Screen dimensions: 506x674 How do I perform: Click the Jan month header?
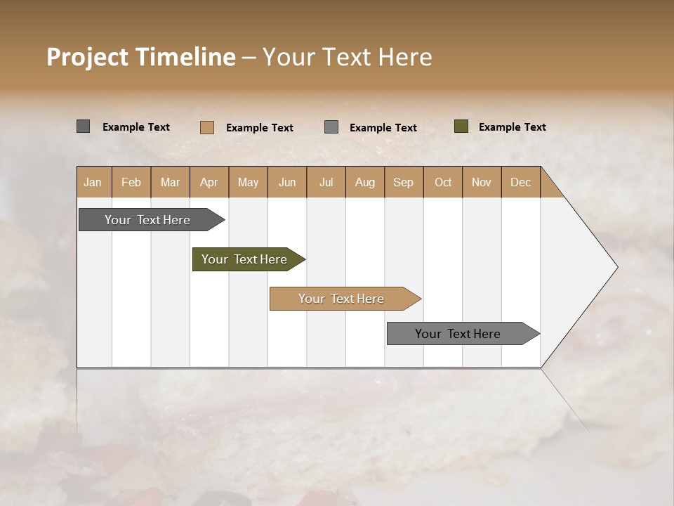[x=93, y=183]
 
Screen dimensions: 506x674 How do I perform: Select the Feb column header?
[x=131, y=183]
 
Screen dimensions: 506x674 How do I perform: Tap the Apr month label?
[x=209, y=183]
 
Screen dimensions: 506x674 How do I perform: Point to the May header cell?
[x=248, y=183]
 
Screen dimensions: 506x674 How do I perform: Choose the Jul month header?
[x=326, y=183]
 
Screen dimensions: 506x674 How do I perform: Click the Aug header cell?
[x=364, y=183]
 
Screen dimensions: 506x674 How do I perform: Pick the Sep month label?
[x=403, y=183]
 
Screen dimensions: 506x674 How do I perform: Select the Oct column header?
[x=443, y=183]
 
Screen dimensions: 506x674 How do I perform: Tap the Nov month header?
[x=481, y=183]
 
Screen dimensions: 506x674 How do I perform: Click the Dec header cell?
[x=520, y=183]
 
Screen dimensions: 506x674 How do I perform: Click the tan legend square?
[x=206, y=127]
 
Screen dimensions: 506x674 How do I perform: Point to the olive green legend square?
[x=461, y=126]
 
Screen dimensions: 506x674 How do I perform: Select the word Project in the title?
[x=86, y=57]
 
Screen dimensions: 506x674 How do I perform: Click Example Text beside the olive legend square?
[x=512, y=127]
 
